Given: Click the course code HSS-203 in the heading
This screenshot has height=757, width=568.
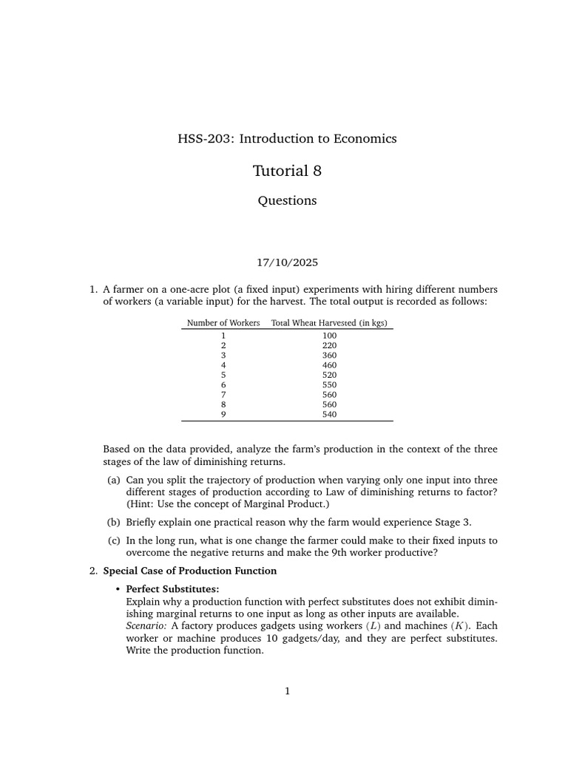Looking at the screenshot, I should [x=201, y=138].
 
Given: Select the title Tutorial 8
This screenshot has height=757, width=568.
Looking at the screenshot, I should [x=287, y=171].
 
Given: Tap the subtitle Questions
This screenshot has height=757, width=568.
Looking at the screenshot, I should [x=287, y=200].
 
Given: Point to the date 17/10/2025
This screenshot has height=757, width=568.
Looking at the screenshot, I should [x=287, y=262].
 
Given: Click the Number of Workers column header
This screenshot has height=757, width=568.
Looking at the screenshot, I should [x=223, y=323].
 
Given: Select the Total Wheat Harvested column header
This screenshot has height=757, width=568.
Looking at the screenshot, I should [x=330, y=323].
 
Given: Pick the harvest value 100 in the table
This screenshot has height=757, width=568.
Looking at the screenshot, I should [x=329, y=336].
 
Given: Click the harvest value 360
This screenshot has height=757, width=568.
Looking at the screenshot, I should [x=329, y=355].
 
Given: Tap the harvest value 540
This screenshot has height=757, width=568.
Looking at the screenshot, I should [x=329, y=414].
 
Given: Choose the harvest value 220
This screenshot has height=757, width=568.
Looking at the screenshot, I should [x=329, y=345].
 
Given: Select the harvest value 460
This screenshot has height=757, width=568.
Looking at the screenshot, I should [x=329, y=365].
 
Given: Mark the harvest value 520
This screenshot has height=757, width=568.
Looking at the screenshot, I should [x=329, y=375].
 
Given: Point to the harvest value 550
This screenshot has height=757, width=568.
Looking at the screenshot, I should [x=329, y=384].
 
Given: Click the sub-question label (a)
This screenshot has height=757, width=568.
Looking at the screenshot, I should [x=114, y=479].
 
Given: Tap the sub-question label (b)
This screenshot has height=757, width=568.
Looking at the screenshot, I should [x=114, y=521].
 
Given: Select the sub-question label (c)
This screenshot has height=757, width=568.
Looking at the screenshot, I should [x=114, y=540].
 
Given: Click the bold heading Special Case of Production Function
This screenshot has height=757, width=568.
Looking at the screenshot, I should [x=189, y=571].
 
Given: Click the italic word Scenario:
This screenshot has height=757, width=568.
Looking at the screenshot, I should [x=146, y=625].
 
